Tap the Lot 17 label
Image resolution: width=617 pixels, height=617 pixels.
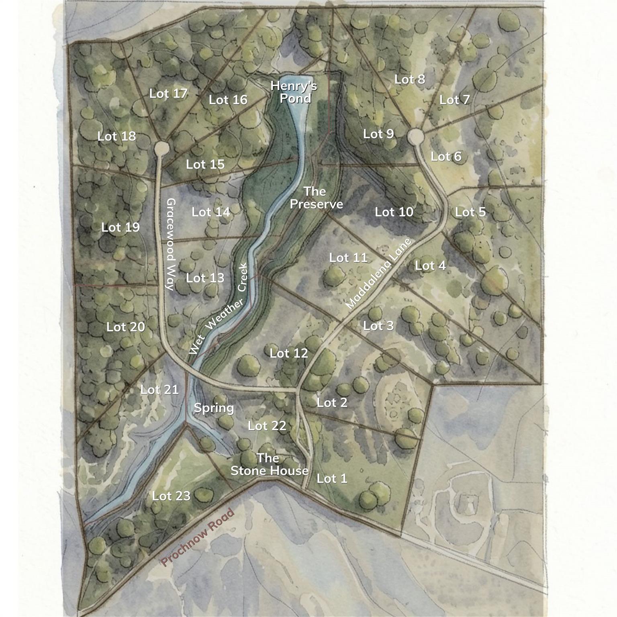coord(168,94)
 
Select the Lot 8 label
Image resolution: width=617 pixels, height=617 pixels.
coord(409,79)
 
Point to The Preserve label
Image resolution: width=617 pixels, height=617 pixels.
coord(316,198)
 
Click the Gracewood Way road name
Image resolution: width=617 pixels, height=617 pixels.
coord(171,244)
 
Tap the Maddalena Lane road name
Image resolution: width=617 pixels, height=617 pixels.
coord(379,274)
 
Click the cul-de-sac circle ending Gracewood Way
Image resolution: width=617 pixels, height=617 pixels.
coord(162,148)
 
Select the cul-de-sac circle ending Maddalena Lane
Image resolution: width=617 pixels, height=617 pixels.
coord(416,137)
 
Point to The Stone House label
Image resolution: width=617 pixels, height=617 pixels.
coord(269,464)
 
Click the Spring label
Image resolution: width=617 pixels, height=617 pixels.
coord(214,408)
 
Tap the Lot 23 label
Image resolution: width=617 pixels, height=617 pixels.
coord(171,496)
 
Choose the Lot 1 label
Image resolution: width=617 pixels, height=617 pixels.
coord(332,478)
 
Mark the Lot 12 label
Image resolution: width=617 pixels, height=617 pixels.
coord(288,353)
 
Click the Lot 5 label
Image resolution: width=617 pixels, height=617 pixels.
coord(470,212)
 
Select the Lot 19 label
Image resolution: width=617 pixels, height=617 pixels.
coord(121,227)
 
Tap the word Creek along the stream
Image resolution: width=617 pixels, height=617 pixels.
coord(243,278)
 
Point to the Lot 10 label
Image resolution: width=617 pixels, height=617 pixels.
coord(394,212)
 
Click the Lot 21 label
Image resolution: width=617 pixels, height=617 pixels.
coord(159,390)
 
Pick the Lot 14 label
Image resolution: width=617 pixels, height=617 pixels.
coord(211,212)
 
